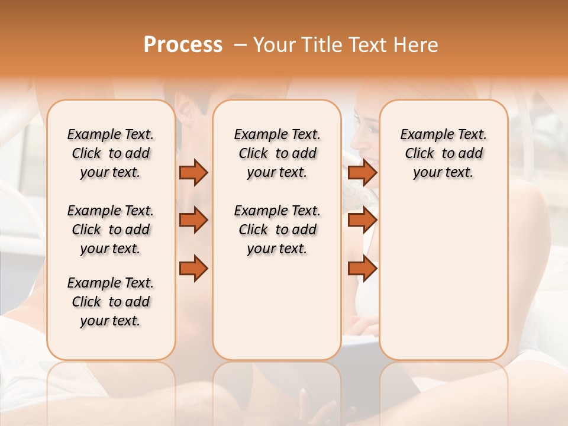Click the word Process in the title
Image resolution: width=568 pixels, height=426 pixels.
(183, 44)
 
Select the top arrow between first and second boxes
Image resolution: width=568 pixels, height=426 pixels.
(193, 172)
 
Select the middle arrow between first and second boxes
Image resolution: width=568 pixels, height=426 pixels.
(193, 220)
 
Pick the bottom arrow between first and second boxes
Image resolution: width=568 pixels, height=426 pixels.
(193, 269)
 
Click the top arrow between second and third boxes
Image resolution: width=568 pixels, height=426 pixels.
(362, 172)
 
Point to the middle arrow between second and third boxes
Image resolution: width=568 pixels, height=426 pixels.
(362, 220)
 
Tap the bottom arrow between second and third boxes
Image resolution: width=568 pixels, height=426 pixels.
(362, 269)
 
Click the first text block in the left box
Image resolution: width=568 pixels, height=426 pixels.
(111, 153)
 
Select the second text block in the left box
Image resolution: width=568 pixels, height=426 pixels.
(111, 230)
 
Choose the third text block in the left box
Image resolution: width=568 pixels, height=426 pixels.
(111, 302)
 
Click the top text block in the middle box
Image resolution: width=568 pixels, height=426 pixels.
(277, 153)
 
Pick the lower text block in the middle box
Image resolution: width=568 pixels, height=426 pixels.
(277, 230)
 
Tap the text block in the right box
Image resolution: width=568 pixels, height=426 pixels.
(443, 153)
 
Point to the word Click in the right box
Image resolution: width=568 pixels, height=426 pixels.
(419, 153)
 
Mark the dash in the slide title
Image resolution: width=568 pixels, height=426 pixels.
(240, 44)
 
